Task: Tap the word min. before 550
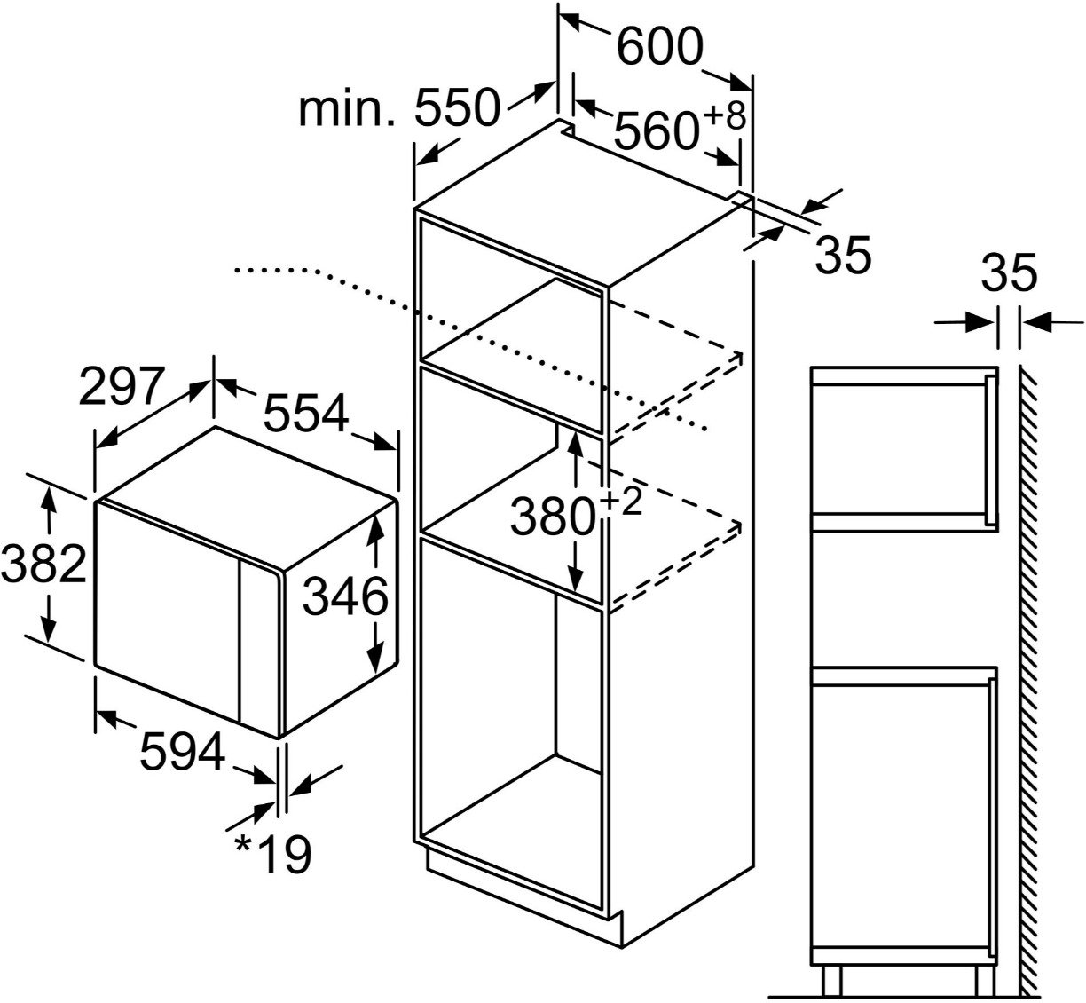pos(346,108)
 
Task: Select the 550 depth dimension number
pos(457,107)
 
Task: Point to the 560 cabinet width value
pos(657,130)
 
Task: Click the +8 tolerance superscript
pos(724,116)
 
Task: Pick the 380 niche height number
pos(552,516)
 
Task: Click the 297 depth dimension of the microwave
pos(122,387)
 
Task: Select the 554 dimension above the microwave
pos(306,413)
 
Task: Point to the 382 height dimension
pos(43,563)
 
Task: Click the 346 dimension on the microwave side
pos(345,595)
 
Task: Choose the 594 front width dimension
pos(183,751)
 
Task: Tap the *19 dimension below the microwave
pos(273,854)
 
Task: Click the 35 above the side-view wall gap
pos(1009,272)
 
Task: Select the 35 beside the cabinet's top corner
pos(843,255)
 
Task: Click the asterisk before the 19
pos(243,844)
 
